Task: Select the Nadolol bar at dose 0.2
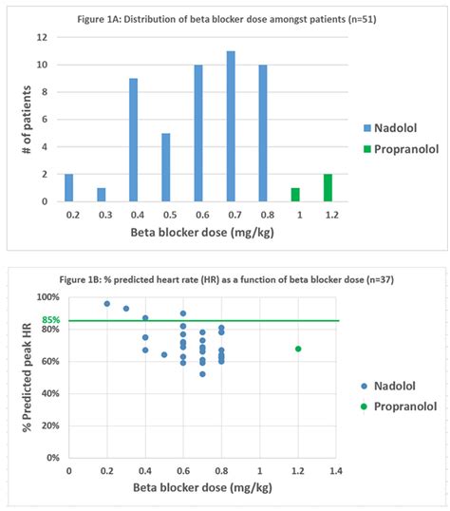click(x=68, y=187)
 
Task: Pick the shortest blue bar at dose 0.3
click(x=101, y=195)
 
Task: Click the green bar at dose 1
click(x=295, y=195)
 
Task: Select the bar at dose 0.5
click(x=166, y=167)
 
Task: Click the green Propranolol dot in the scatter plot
click(x=298, y=349)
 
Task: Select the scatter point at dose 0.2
click(x=106, y=304)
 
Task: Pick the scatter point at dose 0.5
click(x=164, y=354)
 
